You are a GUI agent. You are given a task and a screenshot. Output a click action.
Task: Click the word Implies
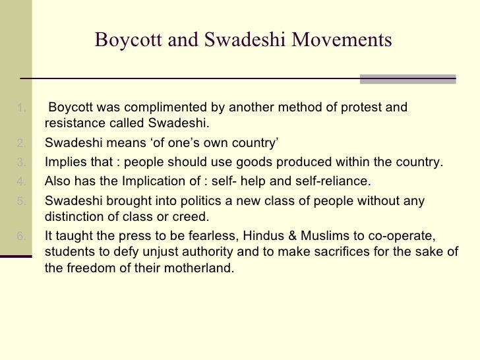[64, 162]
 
